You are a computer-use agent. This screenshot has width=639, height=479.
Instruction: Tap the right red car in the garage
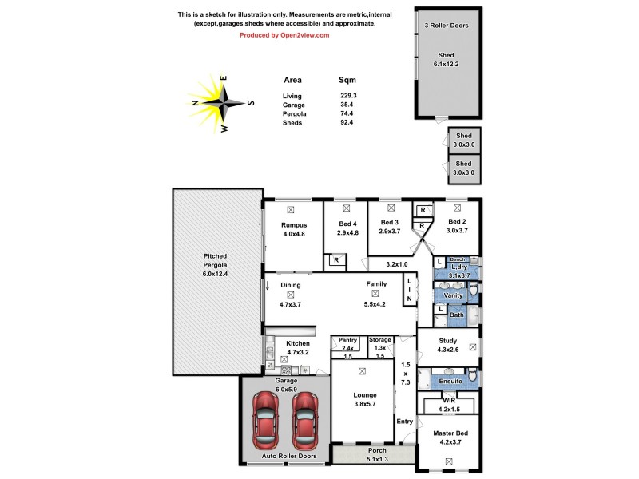[x=306, y=421]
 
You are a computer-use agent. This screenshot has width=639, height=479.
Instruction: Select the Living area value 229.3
[x=348, y=96]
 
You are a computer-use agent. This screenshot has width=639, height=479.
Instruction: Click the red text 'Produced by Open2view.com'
[x=284, y=35]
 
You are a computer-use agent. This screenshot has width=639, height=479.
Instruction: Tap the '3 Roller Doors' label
[x=447, y=26]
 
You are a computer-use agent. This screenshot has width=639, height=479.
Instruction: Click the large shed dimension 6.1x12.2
[x=447, y=63]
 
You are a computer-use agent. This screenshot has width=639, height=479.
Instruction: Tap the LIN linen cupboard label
[x=410, y=289]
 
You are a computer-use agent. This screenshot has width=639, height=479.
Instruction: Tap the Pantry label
[x=347, y=340]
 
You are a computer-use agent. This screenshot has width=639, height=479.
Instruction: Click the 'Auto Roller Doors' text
[x=290, y=457]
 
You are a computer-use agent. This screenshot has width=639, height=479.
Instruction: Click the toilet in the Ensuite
[x=473, y=374]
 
